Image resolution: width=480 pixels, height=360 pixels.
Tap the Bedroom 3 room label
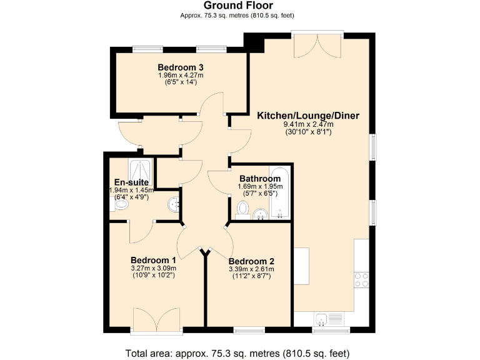181,67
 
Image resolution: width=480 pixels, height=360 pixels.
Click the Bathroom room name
260,179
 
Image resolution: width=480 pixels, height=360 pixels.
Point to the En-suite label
126,182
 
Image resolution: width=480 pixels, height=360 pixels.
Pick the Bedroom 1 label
152,260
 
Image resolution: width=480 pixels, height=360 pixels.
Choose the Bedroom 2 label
251,261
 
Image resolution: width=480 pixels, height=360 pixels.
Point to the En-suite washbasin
173,204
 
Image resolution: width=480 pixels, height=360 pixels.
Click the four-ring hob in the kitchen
361,279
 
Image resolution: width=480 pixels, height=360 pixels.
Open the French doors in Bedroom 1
157,322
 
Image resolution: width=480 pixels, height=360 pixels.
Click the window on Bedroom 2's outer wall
249,329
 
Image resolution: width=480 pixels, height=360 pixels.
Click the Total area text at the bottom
237,351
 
